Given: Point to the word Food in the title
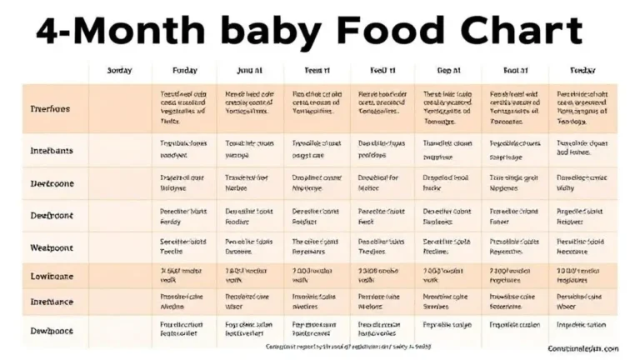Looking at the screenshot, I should (x=382, y=31).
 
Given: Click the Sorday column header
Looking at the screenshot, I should (x=120, y=72).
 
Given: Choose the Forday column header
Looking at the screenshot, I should (x=184, y=72).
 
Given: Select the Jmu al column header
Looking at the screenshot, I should (x=250, y=72).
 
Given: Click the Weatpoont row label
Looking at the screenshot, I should (x=52, y=247).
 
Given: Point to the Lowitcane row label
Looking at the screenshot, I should (x=52, y=277).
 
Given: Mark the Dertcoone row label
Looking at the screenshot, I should (x=52, y=182).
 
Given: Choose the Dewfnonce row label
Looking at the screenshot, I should (x=52, y=331).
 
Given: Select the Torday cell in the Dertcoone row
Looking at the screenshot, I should (x=582, y=182).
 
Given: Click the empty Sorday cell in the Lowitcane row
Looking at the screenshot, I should (x=120, y=277).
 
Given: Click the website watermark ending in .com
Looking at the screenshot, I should (x=583, y=348).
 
